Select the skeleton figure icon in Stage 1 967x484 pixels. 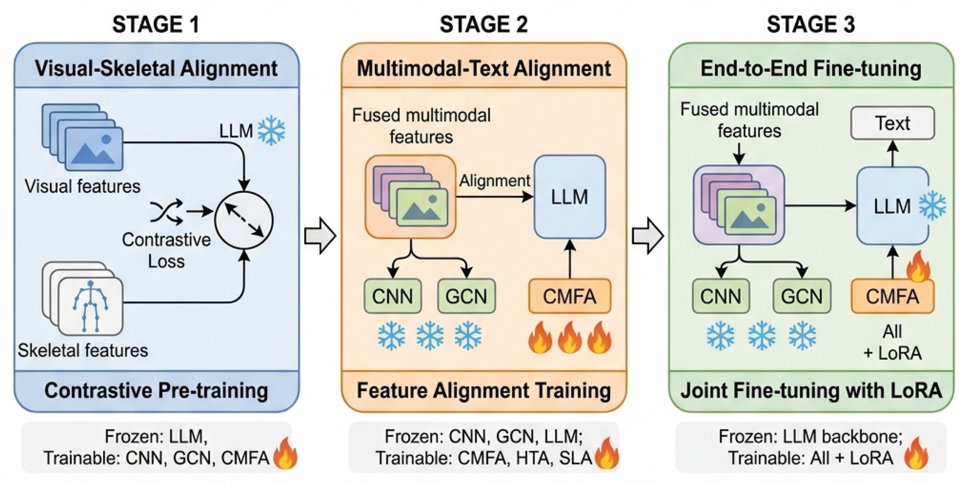(x=90, y=306)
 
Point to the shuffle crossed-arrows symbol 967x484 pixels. (x=166, y=212)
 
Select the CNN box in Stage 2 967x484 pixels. (x=393, y=296)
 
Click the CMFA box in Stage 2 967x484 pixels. (x=569, y=296)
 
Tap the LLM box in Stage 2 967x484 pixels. (x=569, y=197)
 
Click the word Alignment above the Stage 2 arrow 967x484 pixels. (x=494, y=181)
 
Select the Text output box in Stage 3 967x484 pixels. (x=892, y=123)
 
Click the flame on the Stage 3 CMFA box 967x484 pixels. (x=918, y=267)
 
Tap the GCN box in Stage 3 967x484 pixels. (x=802, y=296)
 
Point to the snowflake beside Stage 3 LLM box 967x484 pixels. (x=933, y=206)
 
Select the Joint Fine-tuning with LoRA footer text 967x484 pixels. (x=811, y=390)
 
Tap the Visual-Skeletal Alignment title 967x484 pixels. (x=156, y=68)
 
